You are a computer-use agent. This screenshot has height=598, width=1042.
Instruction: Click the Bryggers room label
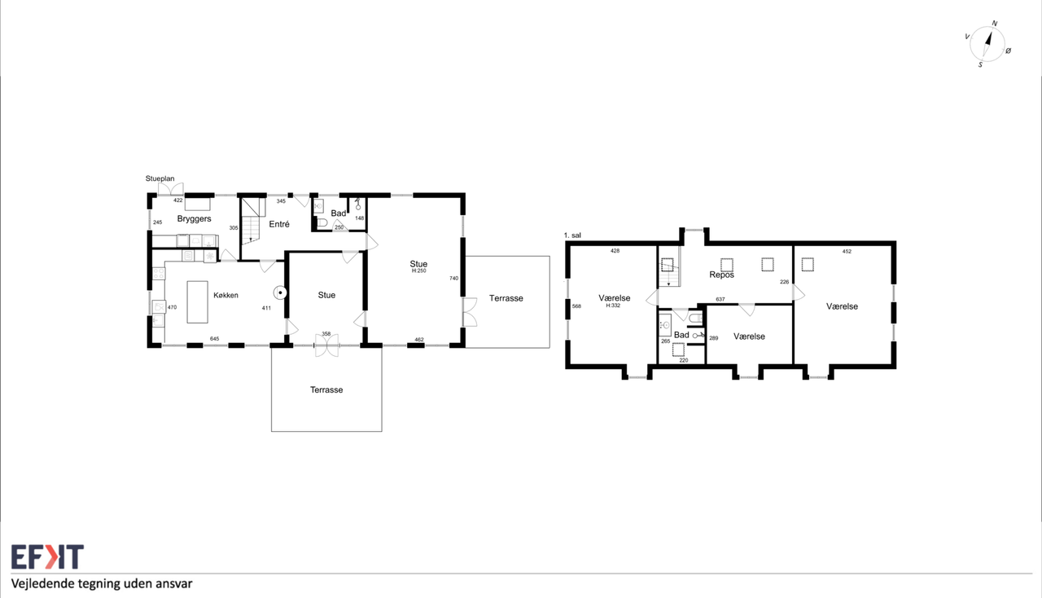[194, 219]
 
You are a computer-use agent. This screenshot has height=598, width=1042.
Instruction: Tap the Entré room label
[279, 224]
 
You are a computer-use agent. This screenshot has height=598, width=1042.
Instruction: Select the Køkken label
[225, 295]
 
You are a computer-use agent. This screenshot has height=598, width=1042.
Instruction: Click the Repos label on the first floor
[721, 275]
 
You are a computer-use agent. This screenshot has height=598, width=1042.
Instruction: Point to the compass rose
[987, 44]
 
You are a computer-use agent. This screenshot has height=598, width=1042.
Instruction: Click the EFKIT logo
[47, 556]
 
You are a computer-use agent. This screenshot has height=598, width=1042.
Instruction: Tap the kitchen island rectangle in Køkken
[197, 301]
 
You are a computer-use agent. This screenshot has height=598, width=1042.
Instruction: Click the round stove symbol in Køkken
[280, 292]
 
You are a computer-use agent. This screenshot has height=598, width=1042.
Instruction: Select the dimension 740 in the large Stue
[453, 278]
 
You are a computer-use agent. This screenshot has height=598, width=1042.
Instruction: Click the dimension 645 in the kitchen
[214, 339]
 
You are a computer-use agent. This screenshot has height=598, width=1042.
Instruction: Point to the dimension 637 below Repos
[720, 299]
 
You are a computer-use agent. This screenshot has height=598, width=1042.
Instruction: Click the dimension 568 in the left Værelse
[577, 306]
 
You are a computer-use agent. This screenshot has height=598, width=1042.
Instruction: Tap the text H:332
[613, 306]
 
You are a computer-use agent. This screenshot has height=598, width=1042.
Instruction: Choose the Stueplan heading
[160, 178]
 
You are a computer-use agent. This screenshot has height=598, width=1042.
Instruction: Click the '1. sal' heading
[572, 235]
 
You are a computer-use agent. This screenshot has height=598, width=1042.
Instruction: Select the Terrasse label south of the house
[326, 389]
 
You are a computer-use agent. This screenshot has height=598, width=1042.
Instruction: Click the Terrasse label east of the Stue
[506, 298]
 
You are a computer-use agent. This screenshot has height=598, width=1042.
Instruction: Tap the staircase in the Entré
[252, 220]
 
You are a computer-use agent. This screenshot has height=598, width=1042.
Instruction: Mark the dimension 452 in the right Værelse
[847, 251]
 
